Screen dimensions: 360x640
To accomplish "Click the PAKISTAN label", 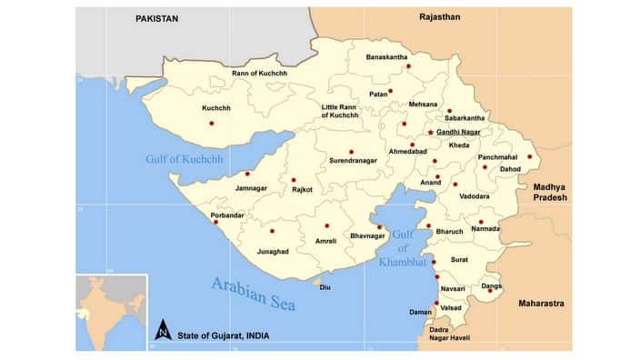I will point(156,17).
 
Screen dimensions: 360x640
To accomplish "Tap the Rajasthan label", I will point(440,17).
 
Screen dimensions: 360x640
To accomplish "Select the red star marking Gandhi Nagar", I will point(430,133).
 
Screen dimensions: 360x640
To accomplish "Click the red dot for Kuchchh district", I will point(212,123).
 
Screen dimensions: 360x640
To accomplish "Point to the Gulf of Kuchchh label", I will point(184,160).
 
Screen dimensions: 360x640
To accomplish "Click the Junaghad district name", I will point(274,251).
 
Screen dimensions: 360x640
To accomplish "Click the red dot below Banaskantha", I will point(408,66).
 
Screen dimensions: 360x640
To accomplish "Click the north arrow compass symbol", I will point(161,328).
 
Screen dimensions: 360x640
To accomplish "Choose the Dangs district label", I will point(492,286).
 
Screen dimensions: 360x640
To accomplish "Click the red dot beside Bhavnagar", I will point(380,227).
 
